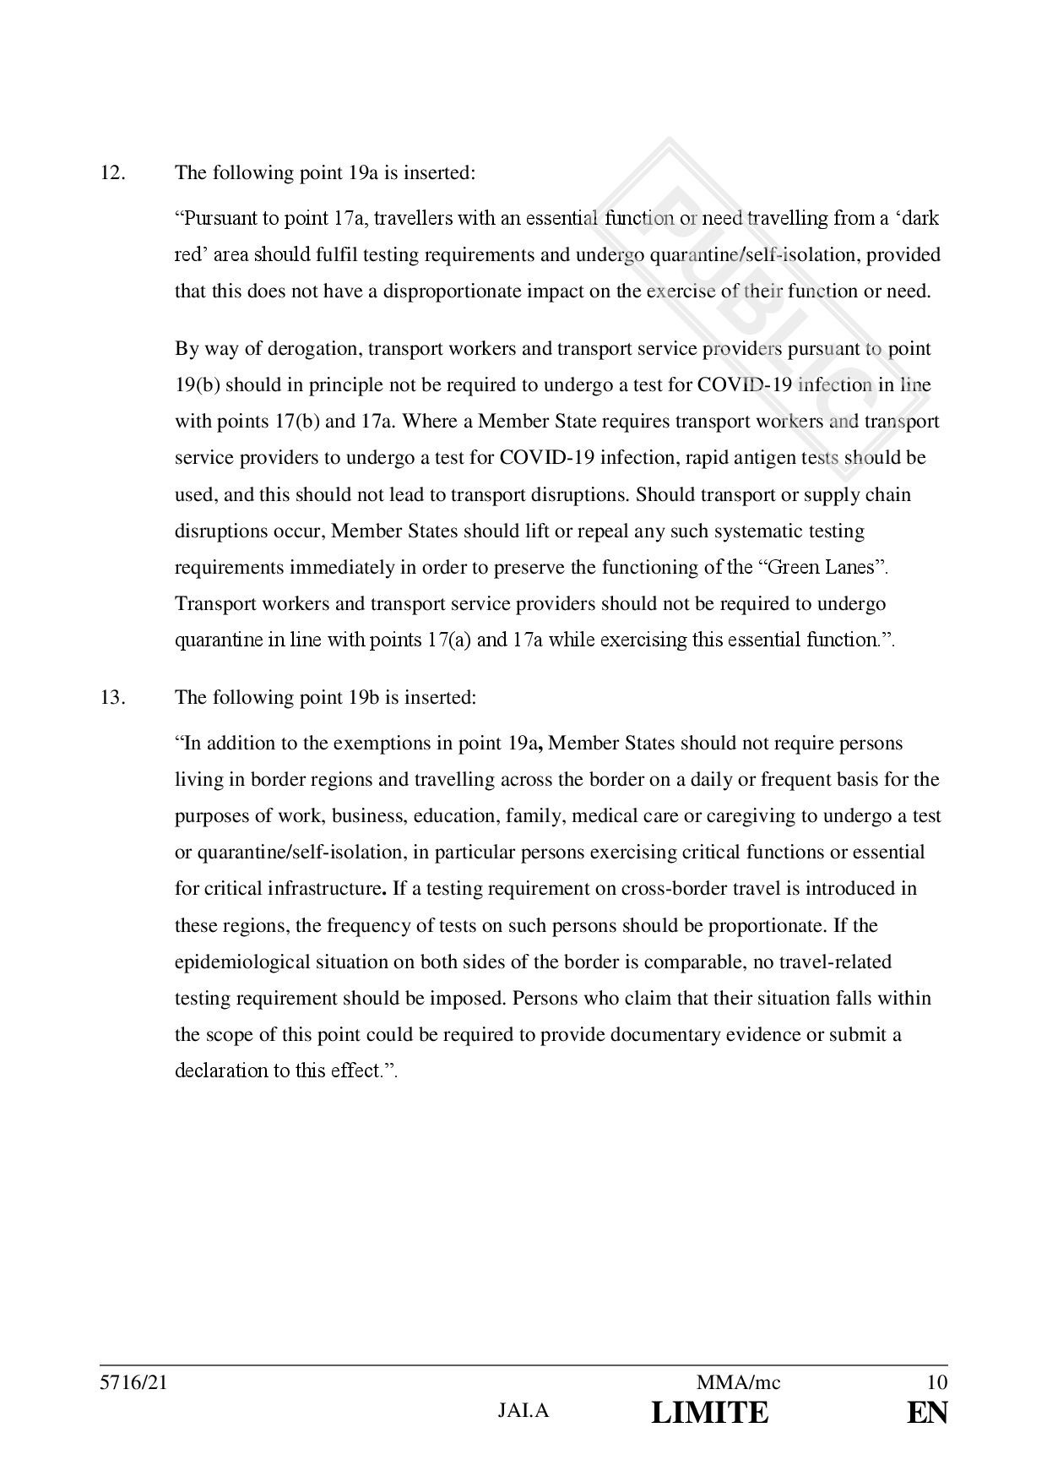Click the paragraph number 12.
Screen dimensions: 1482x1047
tap(112, 173)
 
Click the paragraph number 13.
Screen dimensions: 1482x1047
tap(112, 698)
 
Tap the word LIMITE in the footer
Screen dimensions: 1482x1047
tap(710, 1413)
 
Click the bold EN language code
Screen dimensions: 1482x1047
tap(927, 1413)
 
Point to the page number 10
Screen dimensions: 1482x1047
tap(936, 1383)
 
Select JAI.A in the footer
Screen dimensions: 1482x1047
tap(523, 1410)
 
